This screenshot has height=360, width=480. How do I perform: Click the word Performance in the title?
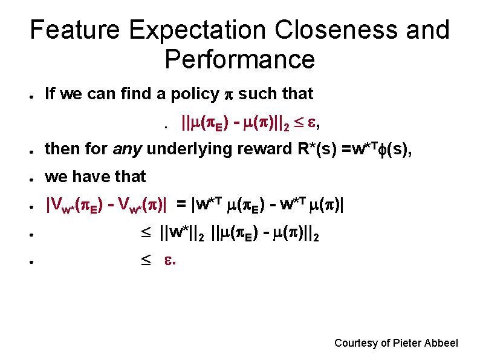(x=239, y=59)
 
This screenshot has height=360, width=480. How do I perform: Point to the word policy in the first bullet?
(x=195, y=94)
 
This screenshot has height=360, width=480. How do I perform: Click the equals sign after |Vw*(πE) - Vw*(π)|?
(x=181, y=205)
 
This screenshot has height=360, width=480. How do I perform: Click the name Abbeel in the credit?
(x=443, y=343)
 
